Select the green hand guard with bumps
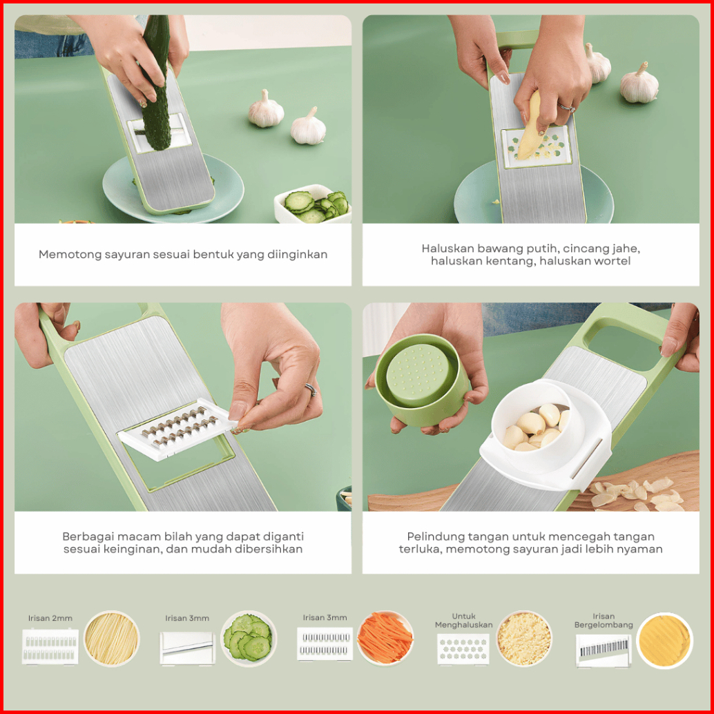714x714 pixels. pos(421,380)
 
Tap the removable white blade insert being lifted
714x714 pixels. pos(177,430)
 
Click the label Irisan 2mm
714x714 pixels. pos(50,618)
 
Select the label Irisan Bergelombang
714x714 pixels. pos(604,621)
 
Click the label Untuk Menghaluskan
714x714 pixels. pos(463,621)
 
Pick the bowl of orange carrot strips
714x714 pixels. pos(385,639)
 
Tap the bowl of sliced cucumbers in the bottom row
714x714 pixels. pos(249,639)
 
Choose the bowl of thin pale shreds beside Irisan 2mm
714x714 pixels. pos(112,639)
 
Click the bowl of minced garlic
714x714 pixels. pos(523,639)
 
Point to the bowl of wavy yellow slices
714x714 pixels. pos(664,640)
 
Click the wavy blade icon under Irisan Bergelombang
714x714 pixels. pos(604,650)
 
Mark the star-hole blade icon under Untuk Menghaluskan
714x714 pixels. pos(463,649)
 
